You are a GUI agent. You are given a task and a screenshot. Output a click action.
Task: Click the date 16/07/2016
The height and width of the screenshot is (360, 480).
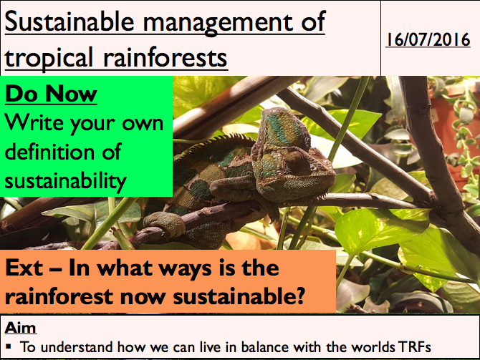[x=428, y=40]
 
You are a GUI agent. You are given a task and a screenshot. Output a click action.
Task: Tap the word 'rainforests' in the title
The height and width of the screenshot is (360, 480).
[x=165, y=57]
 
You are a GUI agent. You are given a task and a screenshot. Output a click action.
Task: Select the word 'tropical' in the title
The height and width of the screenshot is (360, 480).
[x=49, y=59]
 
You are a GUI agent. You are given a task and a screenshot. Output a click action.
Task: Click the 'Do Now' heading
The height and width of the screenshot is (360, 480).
[x=51, y=94]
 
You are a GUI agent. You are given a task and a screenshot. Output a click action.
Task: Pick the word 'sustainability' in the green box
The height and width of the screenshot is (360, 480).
[x=65, y=181]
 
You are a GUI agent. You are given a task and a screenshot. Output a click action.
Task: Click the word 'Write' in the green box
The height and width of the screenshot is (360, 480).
[x=34, y=122]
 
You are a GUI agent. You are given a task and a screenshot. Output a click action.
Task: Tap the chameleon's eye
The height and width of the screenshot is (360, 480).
[x=294, y=160]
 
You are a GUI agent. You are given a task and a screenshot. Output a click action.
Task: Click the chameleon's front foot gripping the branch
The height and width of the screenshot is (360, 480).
[x=165, y=223]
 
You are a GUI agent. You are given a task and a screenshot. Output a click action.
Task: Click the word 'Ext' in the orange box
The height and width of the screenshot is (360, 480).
[x=24, y=268]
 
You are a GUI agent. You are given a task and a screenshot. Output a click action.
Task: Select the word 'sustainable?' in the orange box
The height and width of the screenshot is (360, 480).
[x=239, y=296]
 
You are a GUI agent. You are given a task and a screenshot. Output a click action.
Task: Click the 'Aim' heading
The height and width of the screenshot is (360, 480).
[x=21, y=328]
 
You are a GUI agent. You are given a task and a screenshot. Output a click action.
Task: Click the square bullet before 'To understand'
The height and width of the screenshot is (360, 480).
[x=9, y=347]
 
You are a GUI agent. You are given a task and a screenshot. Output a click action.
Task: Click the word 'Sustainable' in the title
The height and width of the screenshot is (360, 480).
[x=69, y=21]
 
